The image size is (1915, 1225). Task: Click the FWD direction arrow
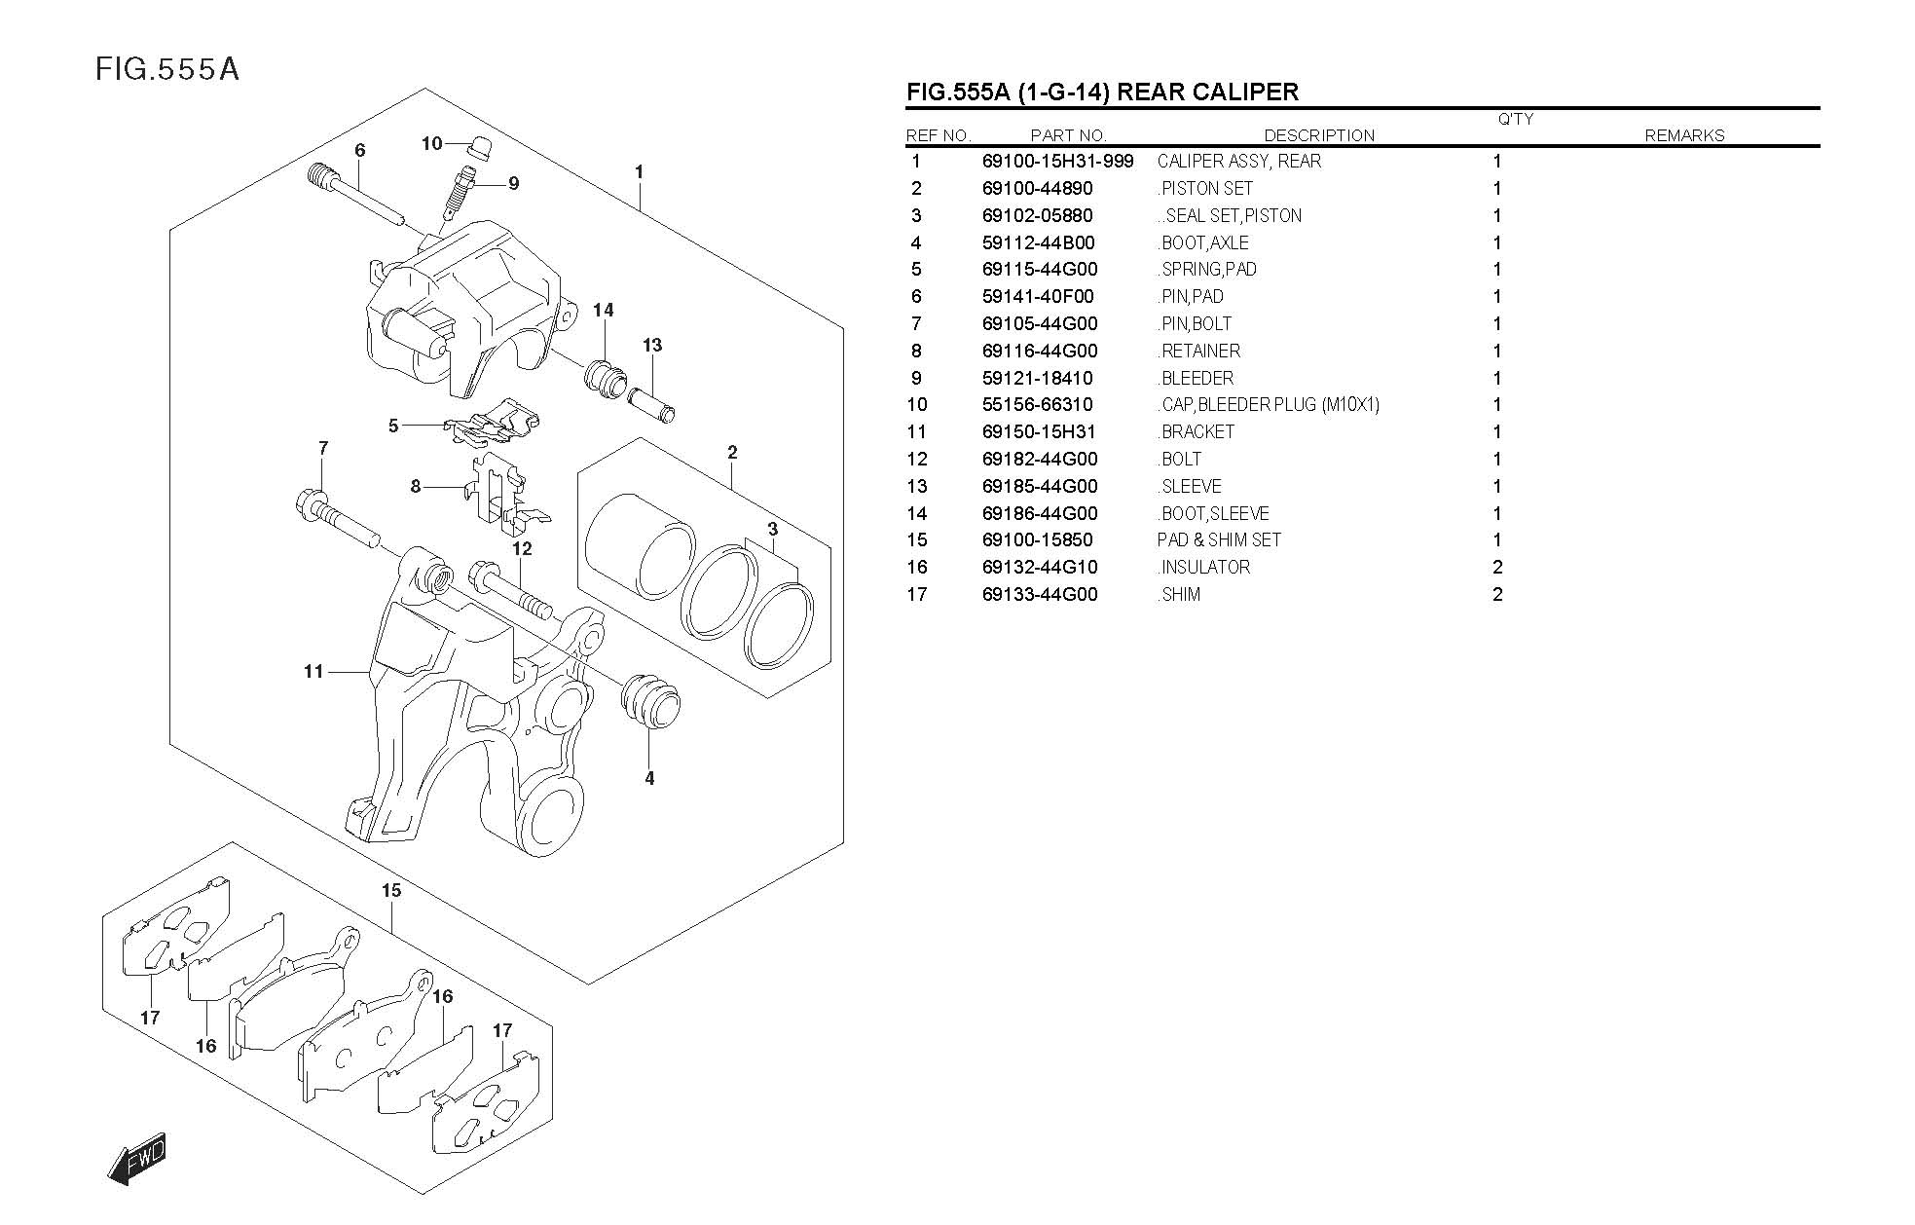point(137,1158)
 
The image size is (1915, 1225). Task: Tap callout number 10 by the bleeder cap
point(431,144)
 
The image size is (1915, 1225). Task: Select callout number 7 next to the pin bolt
point(323,448)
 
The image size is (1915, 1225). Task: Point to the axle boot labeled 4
point(650,700)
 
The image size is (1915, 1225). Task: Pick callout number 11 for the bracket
point(313,671)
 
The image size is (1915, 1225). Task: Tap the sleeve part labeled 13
point(650,404)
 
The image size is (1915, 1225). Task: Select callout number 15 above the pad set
point(391,890)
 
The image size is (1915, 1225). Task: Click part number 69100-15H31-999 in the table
point(1057,162)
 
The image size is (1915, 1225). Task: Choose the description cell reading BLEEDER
point(1197,379)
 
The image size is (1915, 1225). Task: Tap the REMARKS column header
point(1683,136)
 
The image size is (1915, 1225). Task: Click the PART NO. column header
point(1068,136)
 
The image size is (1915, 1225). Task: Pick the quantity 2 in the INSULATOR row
point(1497,568)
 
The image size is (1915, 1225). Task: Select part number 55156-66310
point(1037,405)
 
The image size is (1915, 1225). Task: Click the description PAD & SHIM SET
point(1219,540)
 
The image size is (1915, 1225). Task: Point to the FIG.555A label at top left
point(167,69)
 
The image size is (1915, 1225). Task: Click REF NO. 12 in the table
point(917,460)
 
